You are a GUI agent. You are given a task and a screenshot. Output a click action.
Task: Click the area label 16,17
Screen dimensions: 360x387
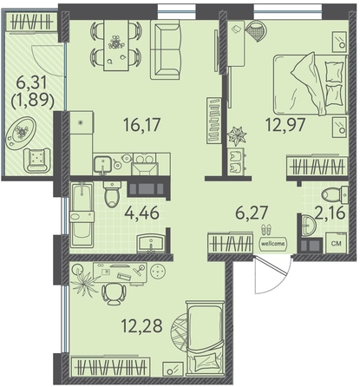click(141, 125)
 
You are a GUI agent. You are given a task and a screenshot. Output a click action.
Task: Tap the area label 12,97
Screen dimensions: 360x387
click(285, 125)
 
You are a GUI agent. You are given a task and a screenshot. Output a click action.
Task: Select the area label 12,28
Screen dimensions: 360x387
click(141, 326)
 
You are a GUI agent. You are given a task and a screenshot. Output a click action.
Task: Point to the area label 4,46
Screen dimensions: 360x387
click(141, 213)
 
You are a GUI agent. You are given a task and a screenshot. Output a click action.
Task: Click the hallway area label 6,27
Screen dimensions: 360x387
click(252, 213)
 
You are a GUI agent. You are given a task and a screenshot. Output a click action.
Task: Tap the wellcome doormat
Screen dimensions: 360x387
click(273, 243)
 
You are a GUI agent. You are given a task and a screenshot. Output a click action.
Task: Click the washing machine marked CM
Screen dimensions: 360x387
click(337, 243)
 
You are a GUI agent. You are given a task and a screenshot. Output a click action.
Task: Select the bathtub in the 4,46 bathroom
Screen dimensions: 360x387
click(82, 214)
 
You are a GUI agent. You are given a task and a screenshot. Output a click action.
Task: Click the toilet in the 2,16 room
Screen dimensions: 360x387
click(336, 193)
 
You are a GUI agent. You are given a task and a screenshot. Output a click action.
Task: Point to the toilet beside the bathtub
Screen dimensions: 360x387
click(112, 194)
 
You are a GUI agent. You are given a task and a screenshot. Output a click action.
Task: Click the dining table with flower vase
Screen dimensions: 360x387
click(116, 45)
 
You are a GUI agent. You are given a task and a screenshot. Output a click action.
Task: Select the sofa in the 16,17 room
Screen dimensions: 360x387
click(166, 51)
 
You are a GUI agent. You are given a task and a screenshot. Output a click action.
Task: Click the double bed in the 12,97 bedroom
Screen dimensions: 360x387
click(311, 84)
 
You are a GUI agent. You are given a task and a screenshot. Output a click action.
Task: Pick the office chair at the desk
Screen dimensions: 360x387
click(114, 293)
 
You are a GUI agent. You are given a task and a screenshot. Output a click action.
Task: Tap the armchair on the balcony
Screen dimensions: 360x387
click(37, 160)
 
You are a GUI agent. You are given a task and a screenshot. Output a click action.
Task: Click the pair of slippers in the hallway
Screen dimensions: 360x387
click(266, 230)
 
